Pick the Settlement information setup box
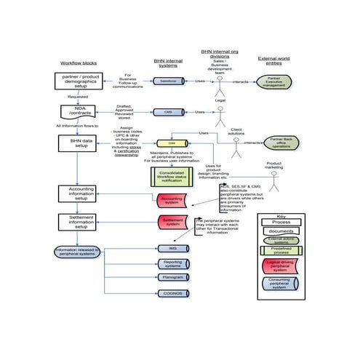pos(81,222)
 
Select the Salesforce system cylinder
pos(168,81)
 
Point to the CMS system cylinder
pos(168,113)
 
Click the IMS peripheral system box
pos(172,249)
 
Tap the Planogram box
pos(172,277)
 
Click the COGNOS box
pos(172,293)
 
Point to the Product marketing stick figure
pos(273,177)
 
